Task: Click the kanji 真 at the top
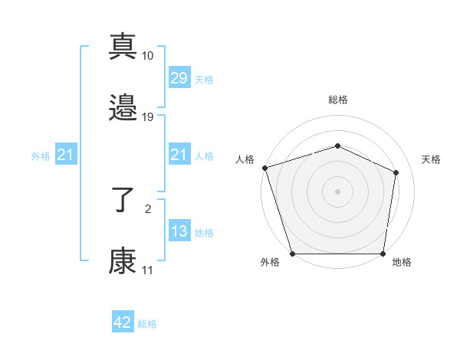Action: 123,47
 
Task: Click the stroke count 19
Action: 148,117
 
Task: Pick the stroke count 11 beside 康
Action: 147,270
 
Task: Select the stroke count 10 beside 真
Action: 148,56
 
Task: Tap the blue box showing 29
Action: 179,78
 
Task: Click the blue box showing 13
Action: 179,231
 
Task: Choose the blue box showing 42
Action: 123,322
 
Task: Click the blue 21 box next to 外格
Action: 65,155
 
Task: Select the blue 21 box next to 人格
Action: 179,155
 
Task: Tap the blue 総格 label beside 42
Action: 147,324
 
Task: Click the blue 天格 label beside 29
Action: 203,80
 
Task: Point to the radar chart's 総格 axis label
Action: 337,100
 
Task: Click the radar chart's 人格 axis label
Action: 245,159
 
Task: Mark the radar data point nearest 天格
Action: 396,172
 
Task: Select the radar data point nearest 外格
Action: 292,254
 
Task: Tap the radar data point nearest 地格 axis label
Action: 383,254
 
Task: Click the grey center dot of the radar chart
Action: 337,191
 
